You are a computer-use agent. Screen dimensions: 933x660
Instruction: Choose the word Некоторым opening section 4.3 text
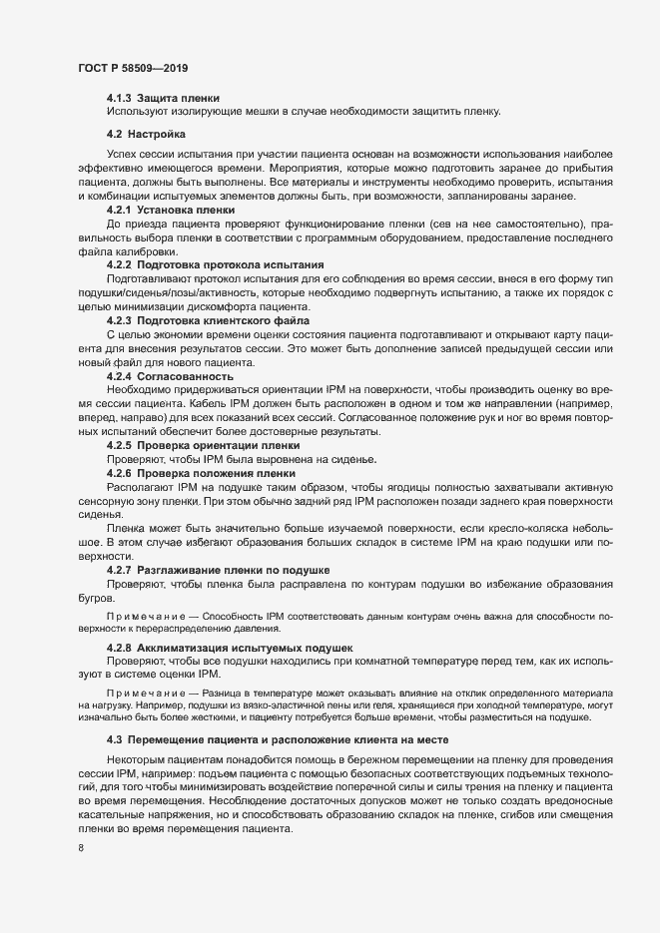click(140, 759)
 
